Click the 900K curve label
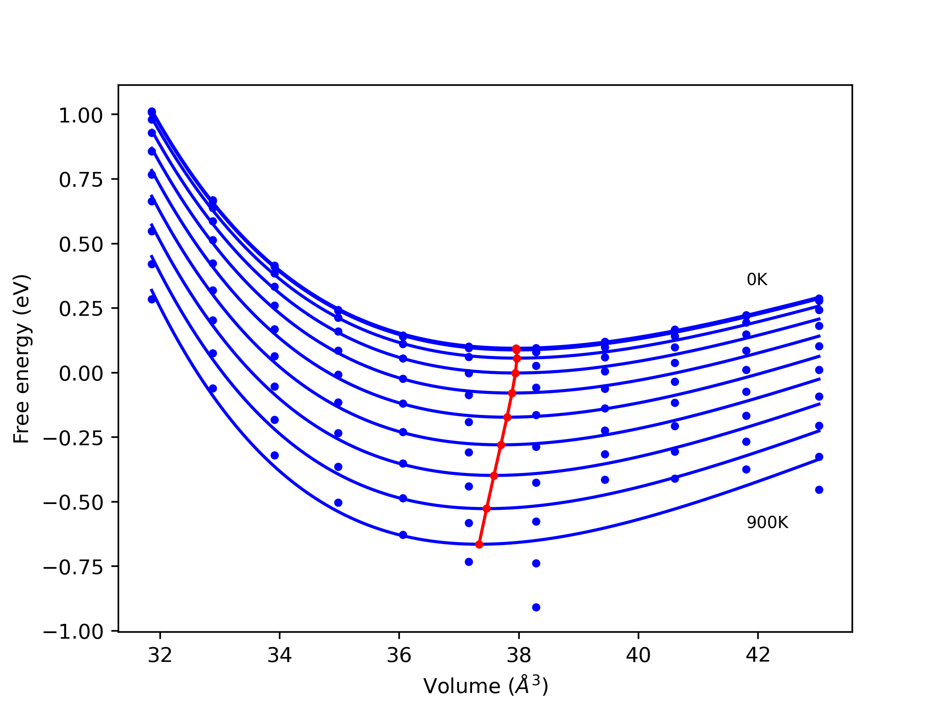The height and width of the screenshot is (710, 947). click(767, 523)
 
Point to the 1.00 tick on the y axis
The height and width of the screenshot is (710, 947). click(81, 115)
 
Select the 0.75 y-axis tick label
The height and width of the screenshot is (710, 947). click(81, 180)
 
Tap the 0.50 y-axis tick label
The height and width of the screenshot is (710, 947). click(81, 245)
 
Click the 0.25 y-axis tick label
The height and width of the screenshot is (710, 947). click(81, 309)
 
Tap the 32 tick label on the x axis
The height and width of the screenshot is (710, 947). click(160, 655)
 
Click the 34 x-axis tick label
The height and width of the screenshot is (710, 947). click(279, 655)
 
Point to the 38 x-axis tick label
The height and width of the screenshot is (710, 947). click(519, 655)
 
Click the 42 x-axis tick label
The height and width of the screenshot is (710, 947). click(757, 655)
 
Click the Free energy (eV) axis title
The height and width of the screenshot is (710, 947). click(21, 359)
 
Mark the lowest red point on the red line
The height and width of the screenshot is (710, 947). click(479, 544)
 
